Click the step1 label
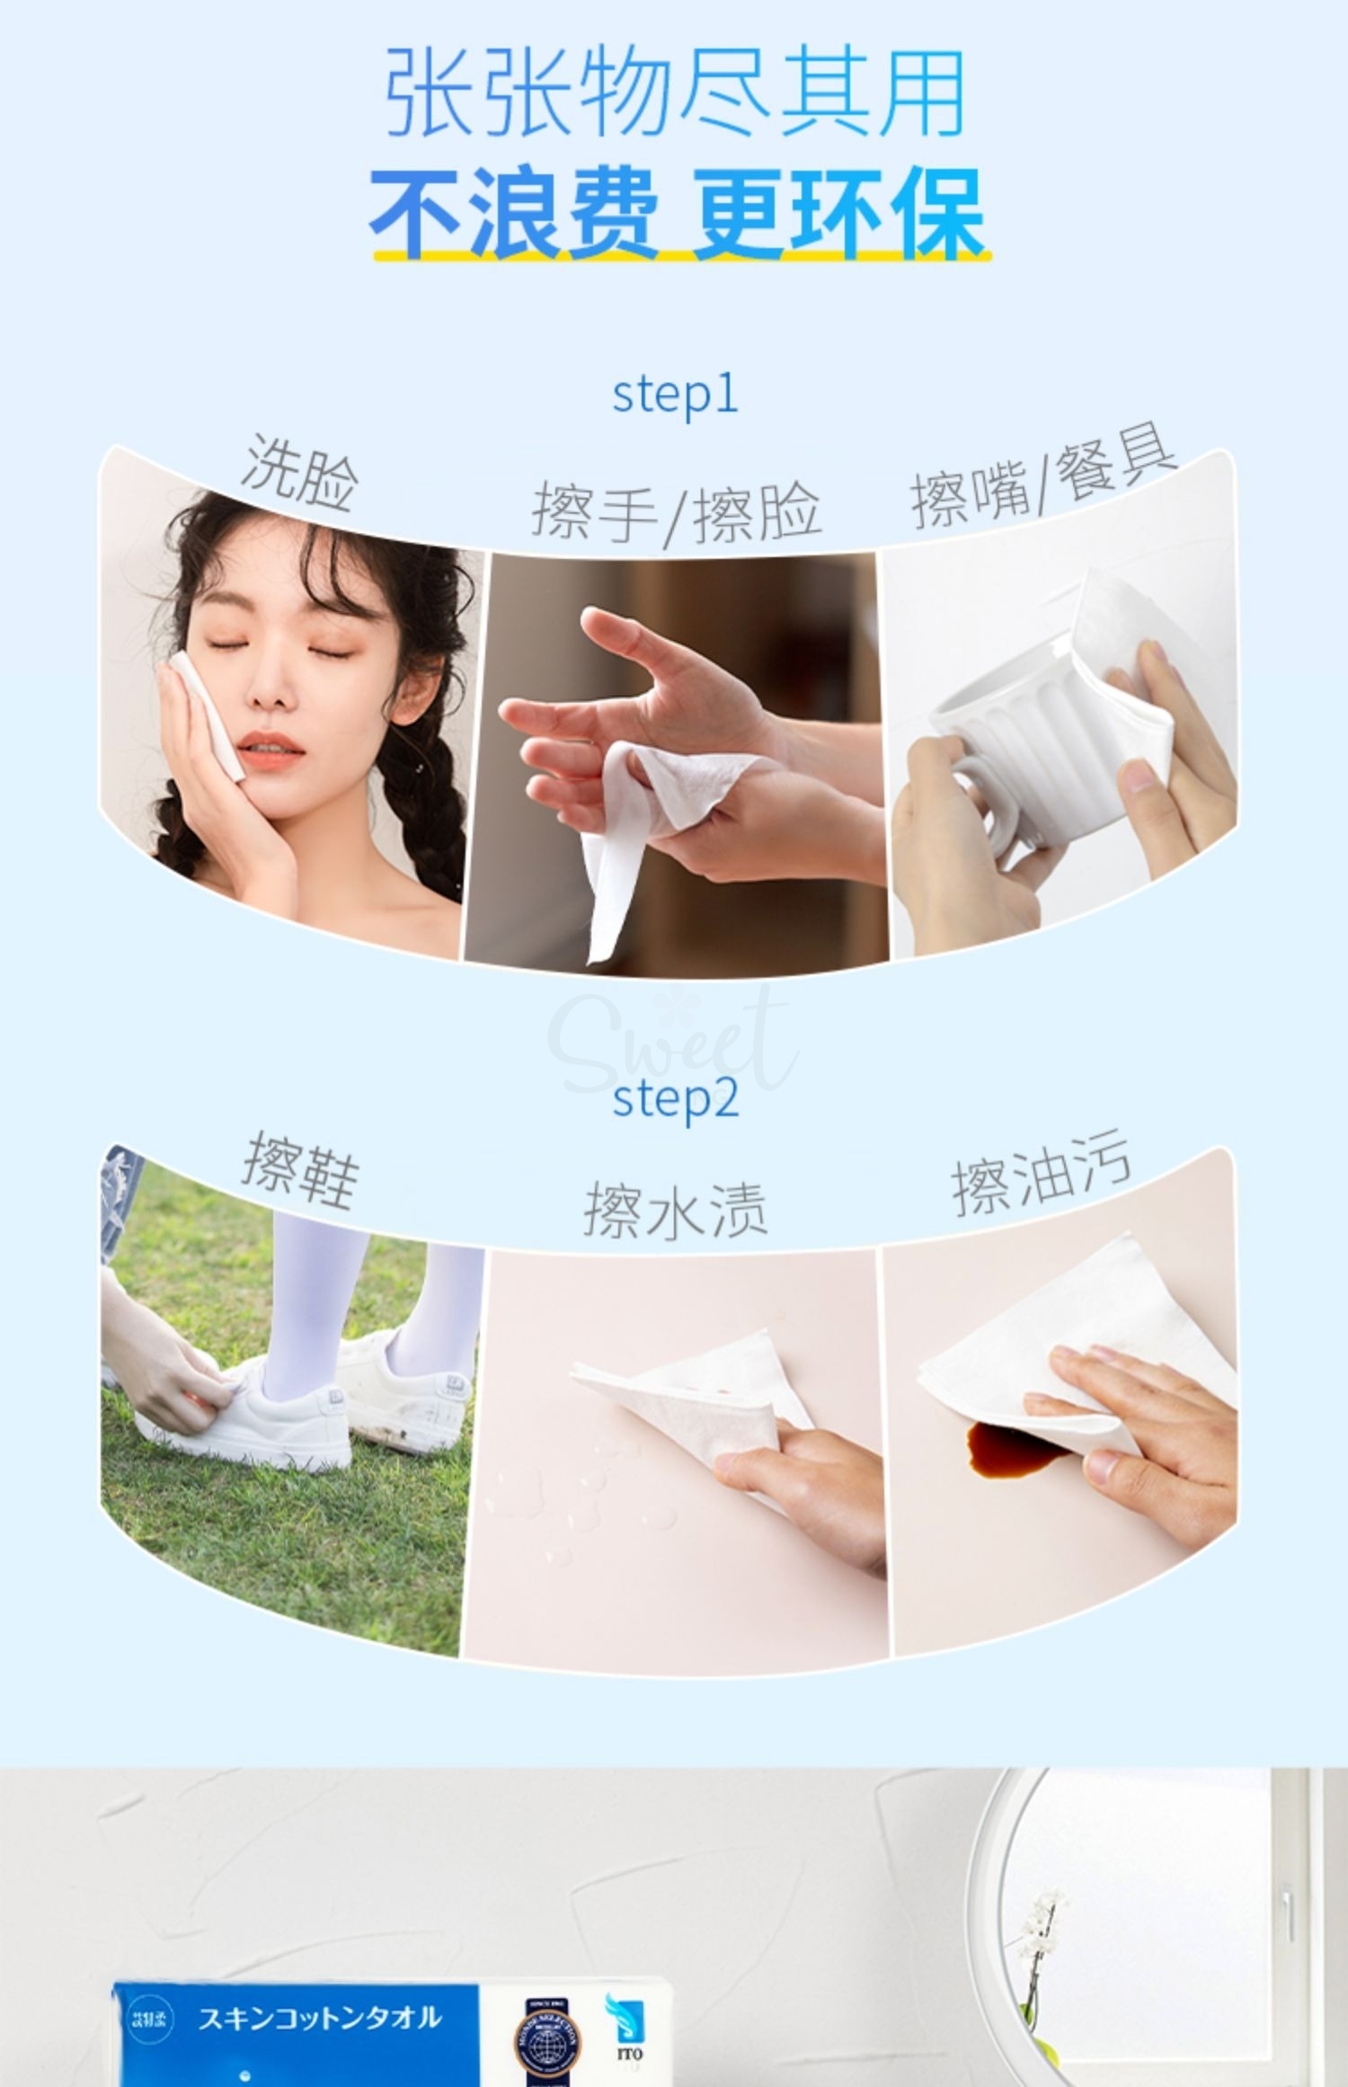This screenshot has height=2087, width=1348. point(675,395)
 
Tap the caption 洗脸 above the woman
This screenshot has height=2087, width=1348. point(300,474)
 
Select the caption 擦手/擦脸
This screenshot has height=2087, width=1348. point(676,513)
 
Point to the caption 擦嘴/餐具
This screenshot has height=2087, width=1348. point(1042,484)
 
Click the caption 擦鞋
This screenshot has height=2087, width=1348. point(300,1171)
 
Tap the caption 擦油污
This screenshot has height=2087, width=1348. point(1041,1177)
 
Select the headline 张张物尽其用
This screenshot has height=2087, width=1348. point(675,94)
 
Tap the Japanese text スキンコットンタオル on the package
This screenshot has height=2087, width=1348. point(319,2018)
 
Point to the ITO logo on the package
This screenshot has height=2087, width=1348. point(630,2031)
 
